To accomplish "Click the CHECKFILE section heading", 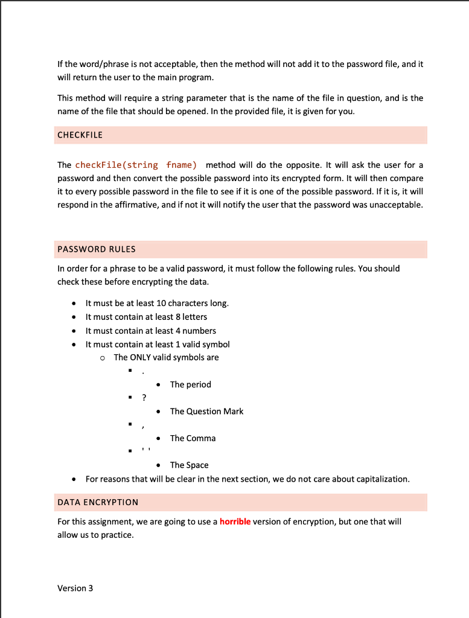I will [x=80, y=135].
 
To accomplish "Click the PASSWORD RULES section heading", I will [x=97, y=249].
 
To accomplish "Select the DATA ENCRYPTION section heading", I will [x=98, y=502].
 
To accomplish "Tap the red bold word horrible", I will [x=235, y=521].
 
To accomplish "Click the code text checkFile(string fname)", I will [x=136, y=165].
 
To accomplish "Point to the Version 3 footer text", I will [x=75, y=588].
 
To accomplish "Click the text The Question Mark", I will [x=206, y=411].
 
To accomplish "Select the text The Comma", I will [x=193, y=438].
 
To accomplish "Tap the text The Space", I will [x=189, y=465].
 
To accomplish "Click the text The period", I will [x=190, y=384].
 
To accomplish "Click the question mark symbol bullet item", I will [x=144, y=398].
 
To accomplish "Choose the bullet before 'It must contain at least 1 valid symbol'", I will [x=74, y=345].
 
